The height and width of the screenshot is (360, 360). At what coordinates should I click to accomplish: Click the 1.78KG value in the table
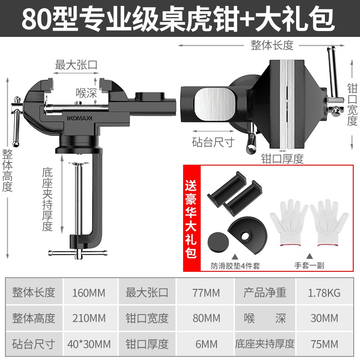(x=324, y=293)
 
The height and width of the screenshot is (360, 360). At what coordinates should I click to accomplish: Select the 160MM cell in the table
(x=89, y=293)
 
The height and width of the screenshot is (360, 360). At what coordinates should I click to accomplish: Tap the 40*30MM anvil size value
(x=89, y=344)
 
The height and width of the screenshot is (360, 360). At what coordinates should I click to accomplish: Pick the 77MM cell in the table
(x=206, y=293)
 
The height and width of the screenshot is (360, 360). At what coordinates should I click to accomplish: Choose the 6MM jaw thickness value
(x=207, y=344)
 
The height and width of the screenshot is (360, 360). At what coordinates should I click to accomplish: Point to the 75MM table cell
(x=324, y=344)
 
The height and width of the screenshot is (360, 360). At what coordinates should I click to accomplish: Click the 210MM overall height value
(x=89, y=318)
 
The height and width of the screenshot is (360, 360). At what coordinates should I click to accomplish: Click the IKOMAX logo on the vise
(x=79, y=118)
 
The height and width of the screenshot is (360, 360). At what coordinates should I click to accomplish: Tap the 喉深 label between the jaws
(x=86, y=93)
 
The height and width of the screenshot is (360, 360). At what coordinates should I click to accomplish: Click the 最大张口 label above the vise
(x=76, y=65)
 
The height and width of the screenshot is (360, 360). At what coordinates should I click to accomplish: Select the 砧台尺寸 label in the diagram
(x=213, y=142)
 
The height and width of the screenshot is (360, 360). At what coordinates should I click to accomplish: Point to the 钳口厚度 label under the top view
(x=283, y=159)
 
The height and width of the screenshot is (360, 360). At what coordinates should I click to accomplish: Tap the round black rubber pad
(x=218, y=242)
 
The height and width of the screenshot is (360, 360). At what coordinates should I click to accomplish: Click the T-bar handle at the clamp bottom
(x=78, y=253)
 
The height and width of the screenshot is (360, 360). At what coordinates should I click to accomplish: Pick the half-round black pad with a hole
(x=247, y=235)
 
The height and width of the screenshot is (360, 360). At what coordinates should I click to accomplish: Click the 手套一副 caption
(x=309, y=265)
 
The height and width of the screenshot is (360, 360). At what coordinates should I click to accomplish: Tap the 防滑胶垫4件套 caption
(x=235, y=266)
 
